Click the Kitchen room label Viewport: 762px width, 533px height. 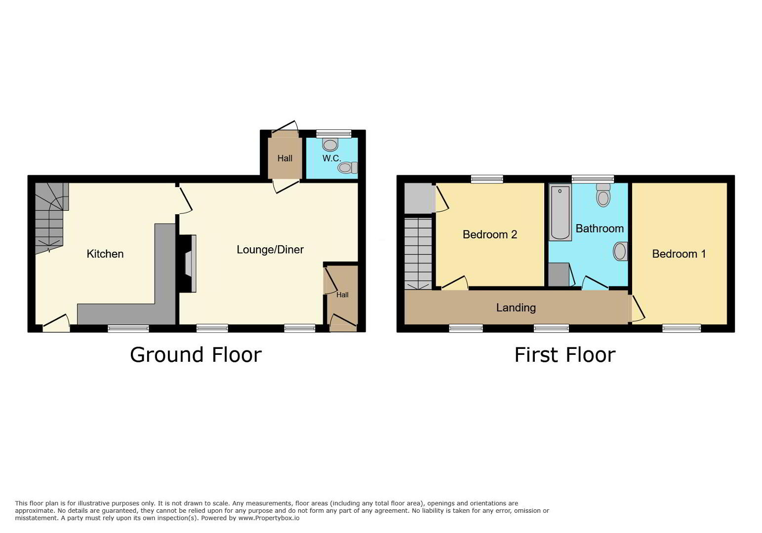point(105,254)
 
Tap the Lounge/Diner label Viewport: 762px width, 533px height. point(270,250)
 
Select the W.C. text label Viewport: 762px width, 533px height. point(332,158)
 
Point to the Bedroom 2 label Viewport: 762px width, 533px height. point(490,234)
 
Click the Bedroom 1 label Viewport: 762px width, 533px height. point(679,254)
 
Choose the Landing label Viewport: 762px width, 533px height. point(516,307)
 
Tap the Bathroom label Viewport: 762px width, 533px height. point(600,228)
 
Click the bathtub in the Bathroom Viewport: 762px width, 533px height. point(560,212)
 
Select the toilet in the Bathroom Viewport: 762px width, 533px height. point(603,195)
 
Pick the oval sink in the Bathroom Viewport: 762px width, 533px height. point(620,252)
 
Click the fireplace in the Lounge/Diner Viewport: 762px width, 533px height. point(188,264)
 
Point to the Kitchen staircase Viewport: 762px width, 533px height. point(51,218)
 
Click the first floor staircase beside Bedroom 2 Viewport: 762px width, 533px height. point(418,254)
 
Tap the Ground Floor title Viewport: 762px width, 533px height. point(196,355)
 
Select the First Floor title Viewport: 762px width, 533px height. point(564,355)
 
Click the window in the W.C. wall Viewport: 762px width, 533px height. point(334,134)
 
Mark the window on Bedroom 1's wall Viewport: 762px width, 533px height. point(682,328)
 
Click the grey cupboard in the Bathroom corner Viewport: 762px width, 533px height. point(559,274)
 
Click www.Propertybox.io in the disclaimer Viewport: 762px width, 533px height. point(269,518)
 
